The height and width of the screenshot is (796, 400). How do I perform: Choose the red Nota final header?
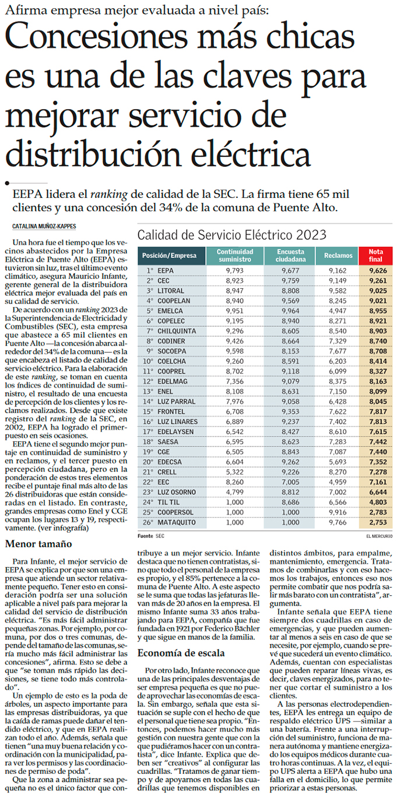click(x=376, y=256)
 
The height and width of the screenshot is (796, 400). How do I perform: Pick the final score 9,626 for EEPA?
click(x=378, y=271)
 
